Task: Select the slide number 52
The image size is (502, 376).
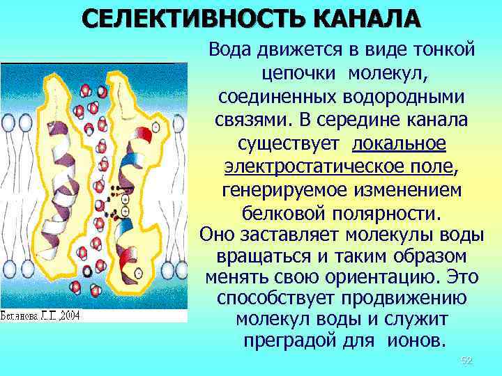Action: pyautogui.click(x=467, y=360)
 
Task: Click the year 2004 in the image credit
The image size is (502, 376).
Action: pyautogui.click(x=69, y=315)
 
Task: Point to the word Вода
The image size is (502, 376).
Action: pyautogui.click(x=233, y=50)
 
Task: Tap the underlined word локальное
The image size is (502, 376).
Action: pyautogui.click(x=400, y=144)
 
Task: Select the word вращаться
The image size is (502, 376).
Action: pyautogui.click(x=261, y=255)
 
